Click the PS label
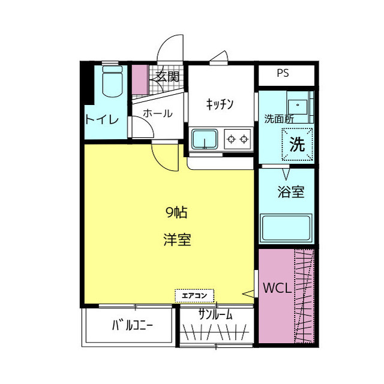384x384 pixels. [283, 74]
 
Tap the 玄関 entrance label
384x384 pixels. [167, 77]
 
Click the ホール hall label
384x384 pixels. [158, 113]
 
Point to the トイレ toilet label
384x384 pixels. [101, 119]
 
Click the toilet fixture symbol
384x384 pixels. [112, 82]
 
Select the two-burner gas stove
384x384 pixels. [237, 139]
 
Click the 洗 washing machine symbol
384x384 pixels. [298, 144]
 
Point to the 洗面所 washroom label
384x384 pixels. [279, 119]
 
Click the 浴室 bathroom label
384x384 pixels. [290, 193]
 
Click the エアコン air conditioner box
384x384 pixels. [194, 295]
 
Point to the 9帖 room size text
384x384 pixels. [177, 212]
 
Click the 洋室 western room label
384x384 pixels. [177, 239]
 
